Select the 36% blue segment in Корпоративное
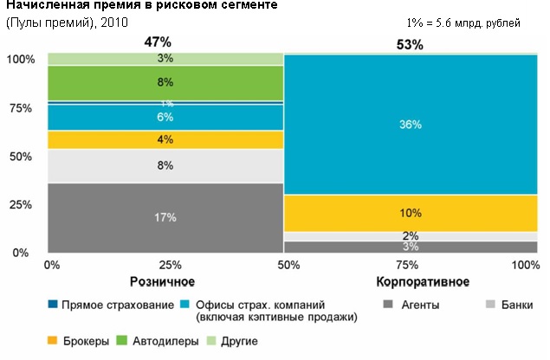point(410,125)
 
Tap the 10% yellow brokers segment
point(410,213)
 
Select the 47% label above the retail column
point(159,42)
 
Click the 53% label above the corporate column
point(410,44)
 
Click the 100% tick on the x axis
point(526,264)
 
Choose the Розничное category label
point(161,282)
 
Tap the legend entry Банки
point(517,305)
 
